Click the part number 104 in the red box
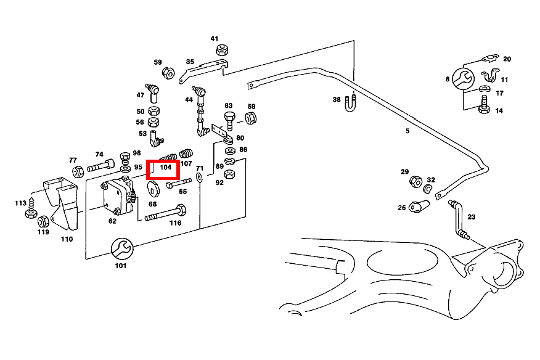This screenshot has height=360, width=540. pos(165,167)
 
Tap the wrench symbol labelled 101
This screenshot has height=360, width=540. pos(120,248)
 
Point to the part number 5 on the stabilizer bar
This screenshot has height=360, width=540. pos(407,131)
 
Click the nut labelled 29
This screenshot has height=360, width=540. pos(415,182)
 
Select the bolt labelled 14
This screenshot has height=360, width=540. pos(483,108)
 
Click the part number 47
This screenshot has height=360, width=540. pos(141,95)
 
